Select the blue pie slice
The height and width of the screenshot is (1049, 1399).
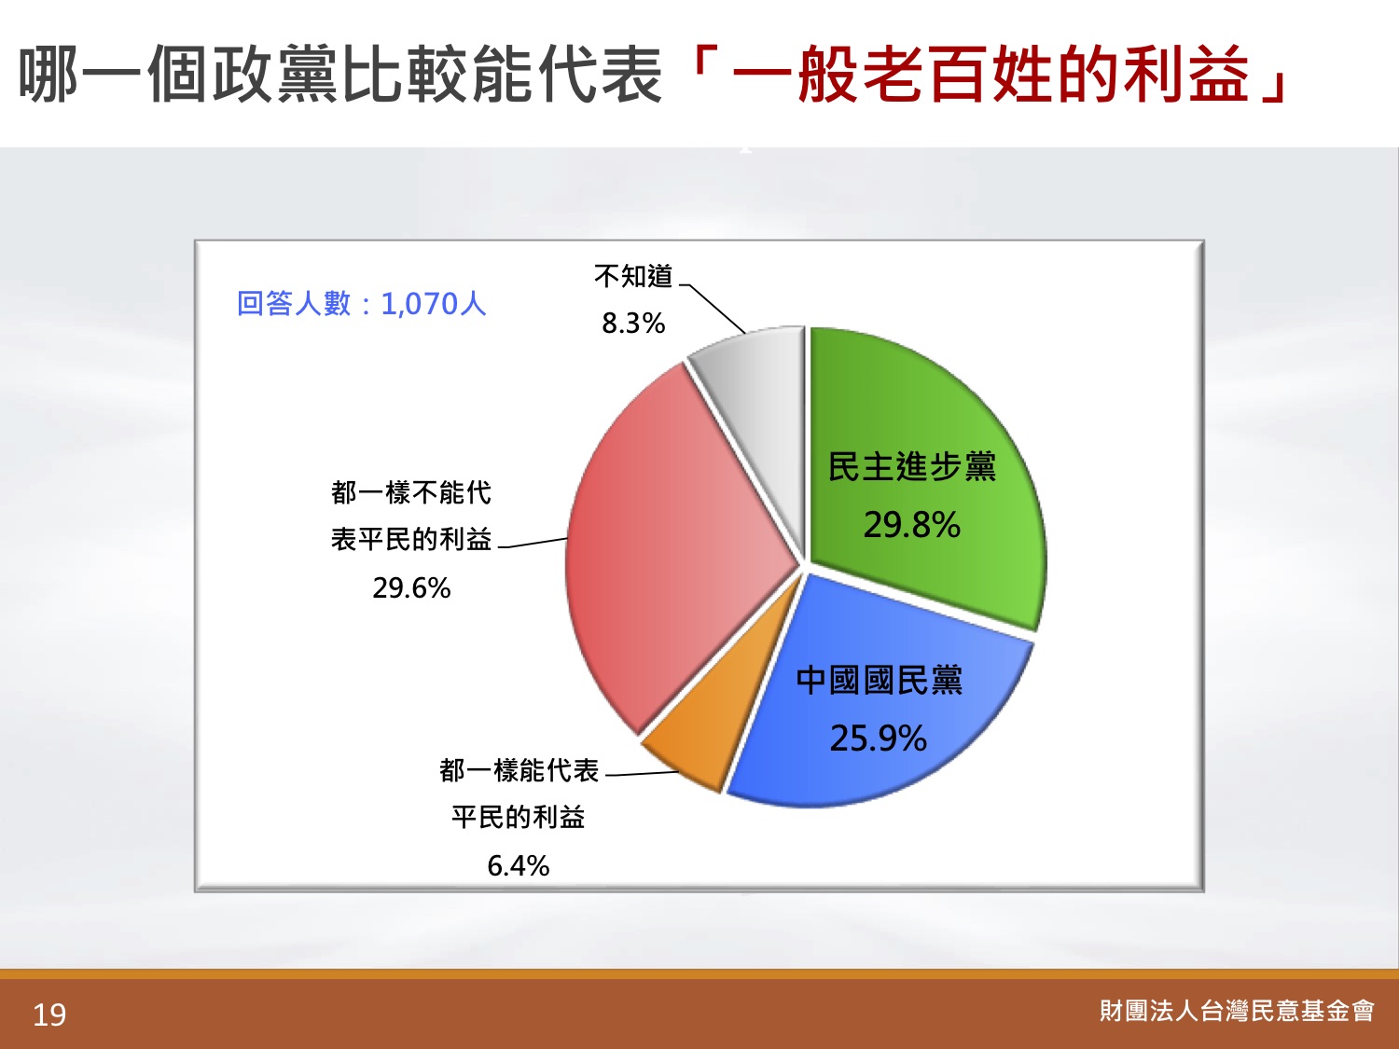click(x=880, y=707)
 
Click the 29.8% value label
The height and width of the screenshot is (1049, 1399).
click(x=911, y=526)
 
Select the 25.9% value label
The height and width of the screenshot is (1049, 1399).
click(x=879, y=738)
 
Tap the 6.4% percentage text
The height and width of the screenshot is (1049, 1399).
click(x=519, y=866)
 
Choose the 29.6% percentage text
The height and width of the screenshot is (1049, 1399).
click(x=411, y=587)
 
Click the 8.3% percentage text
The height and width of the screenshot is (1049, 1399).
click(x=633, y=324)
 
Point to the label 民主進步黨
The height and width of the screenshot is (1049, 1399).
click(x=911, y=467)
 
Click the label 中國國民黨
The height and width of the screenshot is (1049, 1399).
click(x=880, y=681)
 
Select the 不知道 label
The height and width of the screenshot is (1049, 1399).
click(x=633, y=276)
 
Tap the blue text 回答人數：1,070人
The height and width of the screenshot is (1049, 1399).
click(x=361, y=304)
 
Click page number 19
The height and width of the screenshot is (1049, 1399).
click(x=49, y=1015)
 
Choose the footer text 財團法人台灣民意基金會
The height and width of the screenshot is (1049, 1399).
click(x=1237, y=1011)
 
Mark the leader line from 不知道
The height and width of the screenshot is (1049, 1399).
click(x=713, y=309)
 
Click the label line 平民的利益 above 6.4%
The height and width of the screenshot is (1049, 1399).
click(x=519, y=817)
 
